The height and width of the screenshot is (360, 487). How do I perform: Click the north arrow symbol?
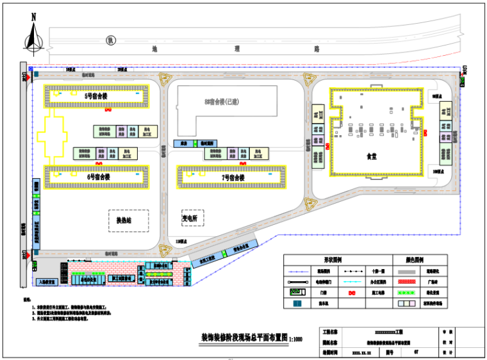(x=33, y=35)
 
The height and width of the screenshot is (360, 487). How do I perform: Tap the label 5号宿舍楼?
(x=97, y=95)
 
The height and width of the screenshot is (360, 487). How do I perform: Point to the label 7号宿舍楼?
(x=233, y=177)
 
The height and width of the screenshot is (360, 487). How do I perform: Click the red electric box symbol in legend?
(x=351, y=292)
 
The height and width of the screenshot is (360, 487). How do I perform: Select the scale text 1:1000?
(x=295, y=340)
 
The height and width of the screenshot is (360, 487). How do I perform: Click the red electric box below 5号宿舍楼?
(x=108, y=110)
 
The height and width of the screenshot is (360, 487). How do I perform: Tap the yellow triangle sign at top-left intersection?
(x=165, y=81)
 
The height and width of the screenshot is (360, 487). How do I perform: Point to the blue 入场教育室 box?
(x=47, y=281)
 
